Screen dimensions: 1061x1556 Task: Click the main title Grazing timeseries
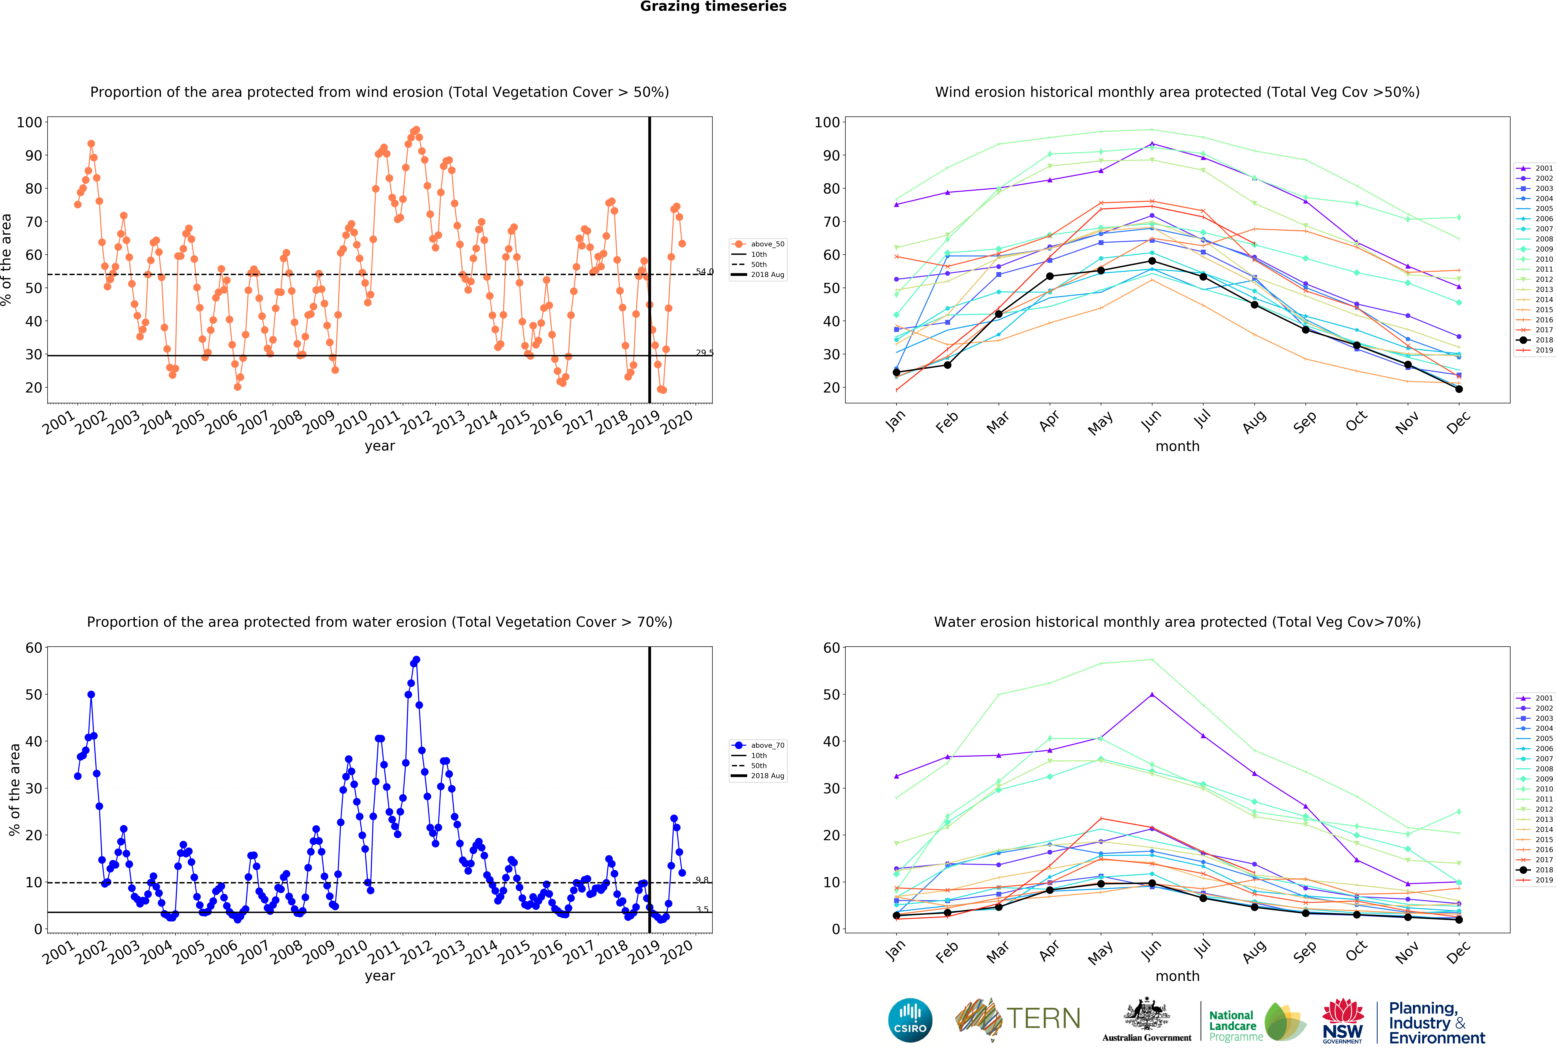(x=713, y=7)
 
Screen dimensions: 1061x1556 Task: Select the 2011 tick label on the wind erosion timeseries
(x=384, y=423)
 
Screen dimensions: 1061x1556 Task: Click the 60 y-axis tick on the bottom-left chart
(x=34, y=648)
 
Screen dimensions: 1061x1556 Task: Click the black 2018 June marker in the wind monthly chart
(x=1152, y=261)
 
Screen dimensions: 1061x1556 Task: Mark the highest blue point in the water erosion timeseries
(x=417, y=660)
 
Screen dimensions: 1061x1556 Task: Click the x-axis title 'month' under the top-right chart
(x=1177, y=446)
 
